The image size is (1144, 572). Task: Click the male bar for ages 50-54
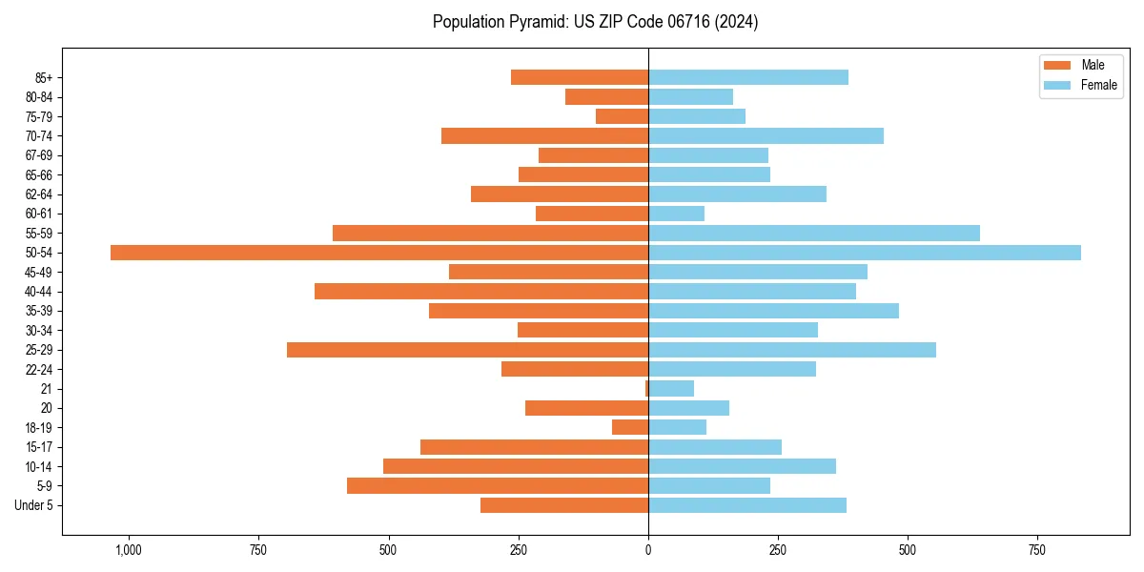click(379, 253)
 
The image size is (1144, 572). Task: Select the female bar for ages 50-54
click(865, 253)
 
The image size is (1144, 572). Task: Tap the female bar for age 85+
click(748, 77)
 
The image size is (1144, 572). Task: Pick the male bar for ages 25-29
click(467, 350)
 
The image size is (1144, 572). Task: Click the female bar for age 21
click(671, 389)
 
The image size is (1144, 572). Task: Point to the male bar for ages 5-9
click(498, 486)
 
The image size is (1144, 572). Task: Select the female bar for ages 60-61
click(677, 214)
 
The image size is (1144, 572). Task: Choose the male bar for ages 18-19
click(630, 428)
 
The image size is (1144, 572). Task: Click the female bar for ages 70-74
click(766, 136)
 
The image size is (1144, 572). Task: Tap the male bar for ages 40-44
click(481, 292)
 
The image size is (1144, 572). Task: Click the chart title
click(595, 22)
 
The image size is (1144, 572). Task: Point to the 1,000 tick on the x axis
click(129, 550)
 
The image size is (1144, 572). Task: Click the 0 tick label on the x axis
click(648, 550)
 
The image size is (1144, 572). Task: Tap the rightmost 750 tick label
click(1037, 550)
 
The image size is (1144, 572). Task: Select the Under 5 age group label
click(33, 505)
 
